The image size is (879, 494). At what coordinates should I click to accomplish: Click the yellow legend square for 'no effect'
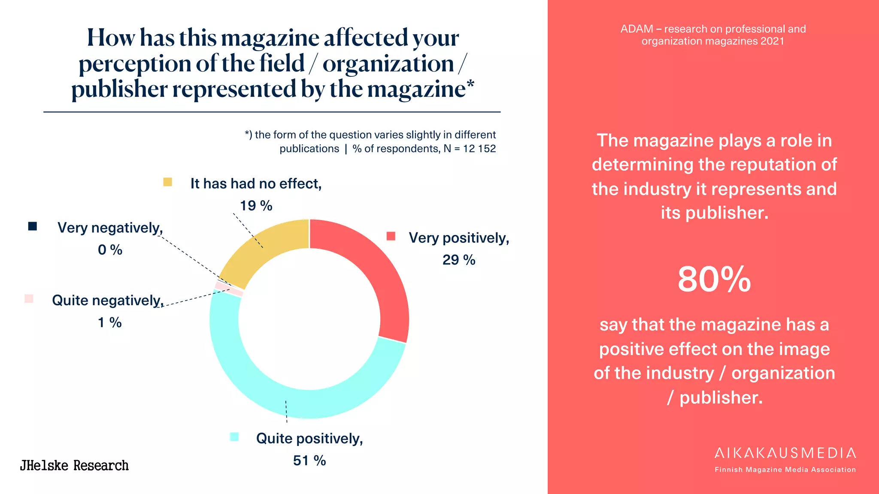click(167, 182)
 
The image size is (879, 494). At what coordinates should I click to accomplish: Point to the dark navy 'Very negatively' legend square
click(33, 226)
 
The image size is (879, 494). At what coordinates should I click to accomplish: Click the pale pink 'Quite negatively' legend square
click(29, 299)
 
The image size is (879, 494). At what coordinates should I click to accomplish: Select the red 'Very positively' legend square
click(391, 236)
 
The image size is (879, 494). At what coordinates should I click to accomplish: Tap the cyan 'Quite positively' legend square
click(234, 437)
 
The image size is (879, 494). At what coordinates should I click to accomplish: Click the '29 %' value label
click(459, 260)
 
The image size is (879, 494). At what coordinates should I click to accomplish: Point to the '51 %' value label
click(309, 461)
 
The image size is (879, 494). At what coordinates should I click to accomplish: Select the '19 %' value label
click(256, 206)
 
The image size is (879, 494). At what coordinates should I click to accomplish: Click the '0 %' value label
click(110, 250)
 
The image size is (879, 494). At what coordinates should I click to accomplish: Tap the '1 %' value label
click(110, 322)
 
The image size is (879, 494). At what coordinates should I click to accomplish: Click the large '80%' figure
click(714, 280)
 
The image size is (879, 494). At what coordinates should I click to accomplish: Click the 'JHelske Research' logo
click(74, 466)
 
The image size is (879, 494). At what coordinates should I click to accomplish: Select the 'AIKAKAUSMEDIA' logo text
click(785, 453)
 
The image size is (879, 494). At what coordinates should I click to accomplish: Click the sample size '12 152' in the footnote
click(479, 149)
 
